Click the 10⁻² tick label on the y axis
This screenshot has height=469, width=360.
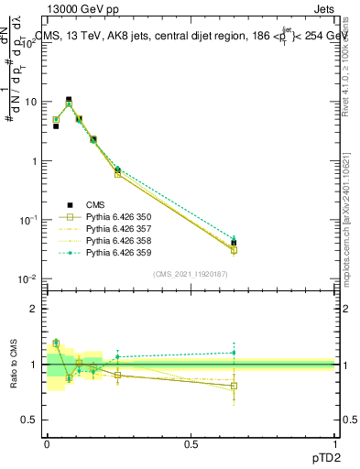27,278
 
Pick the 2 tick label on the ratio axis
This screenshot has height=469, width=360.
35,309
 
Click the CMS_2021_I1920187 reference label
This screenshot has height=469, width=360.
191,274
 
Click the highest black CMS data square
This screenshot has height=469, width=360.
69,99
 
